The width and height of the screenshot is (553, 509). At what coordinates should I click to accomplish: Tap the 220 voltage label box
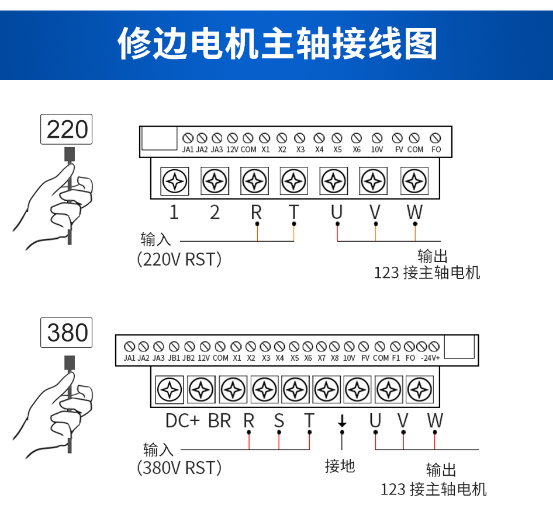coord(66,129)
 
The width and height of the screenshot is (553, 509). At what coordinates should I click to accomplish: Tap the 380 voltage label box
coord(66,332)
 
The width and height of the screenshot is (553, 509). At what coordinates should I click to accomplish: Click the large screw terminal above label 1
coord(175,182)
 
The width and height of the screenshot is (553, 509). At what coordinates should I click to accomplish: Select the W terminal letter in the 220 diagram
coord(414,212)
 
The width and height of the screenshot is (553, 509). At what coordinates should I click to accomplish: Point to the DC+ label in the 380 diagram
coord(183,420)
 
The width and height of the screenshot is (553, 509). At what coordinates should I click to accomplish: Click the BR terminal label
coord(220,420)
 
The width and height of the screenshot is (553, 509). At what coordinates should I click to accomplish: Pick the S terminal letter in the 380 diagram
coord(279,420)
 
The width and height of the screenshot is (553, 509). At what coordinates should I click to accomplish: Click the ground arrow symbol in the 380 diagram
coord(342,420)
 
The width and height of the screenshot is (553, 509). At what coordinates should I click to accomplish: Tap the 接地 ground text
coord(340,465)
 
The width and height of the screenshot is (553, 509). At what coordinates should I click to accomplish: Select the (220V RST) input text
coord(179,259)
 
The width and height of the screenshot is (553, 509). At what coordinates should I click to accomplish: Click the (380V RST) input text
coord(179,467)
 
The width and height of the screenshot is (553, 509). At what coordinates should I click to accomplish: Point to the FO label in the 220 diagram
coord(436,149)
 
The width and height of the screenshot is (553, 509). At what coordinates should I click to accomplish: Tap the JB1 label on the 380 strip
coord(174,358)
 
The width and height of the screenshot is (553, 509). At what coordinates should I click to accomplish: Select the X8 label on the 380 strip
coord(334,358)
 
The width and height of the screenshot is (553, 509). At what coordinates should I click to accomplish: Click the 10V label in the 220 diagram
coord(377,149)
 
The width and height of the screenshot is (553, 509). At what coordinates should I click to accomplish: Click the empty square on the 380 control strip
coord(459,347)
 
